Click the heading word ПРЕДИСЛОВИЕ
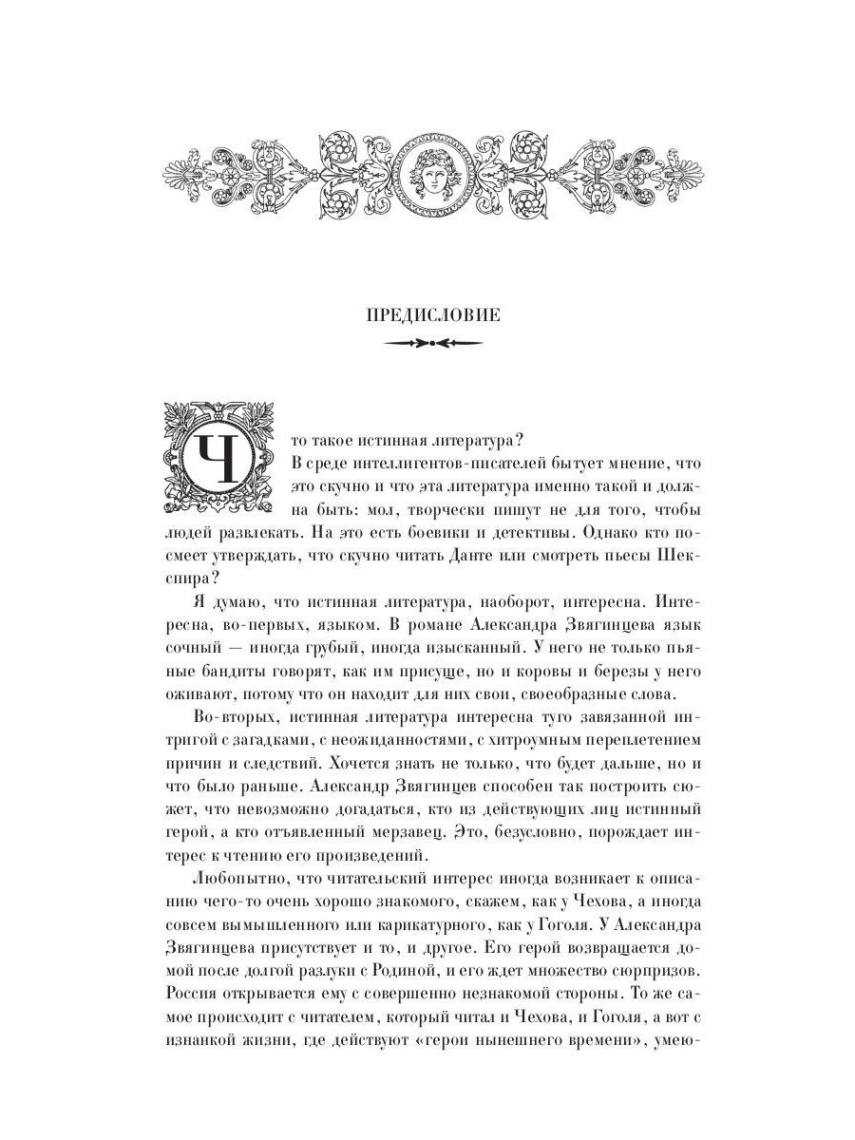(x=432, y=316)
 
